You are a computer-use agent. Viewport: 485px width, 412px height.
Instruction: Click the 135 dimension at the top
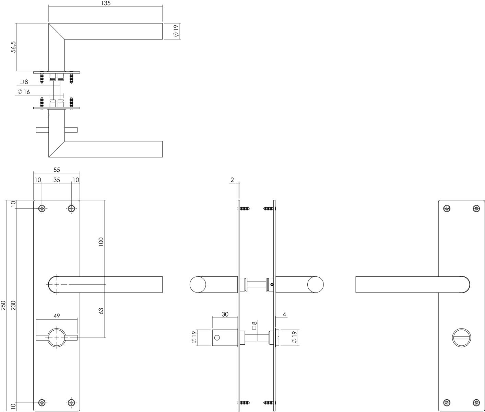pos(106,3)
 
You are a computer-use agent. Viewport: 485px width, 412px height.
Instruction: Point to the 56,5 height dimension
pos(13,47)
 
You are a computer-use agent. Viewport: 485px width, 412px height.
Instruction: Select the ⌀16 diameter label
pos(24,92)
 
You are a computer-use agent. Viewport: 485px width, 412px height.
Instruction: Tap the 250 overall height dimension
pos(3,305)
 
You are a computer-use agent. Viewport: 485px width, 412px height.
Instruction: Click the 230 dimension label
pos(13,305)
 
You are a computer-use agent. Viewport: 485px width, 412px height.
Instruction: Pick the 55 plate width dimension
pos(57,170)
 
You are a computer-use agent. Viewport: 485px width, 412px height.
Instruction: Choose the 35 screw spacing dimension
pos(57,180)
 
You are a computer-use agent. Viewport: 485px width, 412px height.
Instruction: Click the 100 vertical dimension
pos(101,242)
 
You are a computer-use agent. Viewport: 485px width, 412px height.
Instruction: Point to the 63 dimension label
pos(101,311)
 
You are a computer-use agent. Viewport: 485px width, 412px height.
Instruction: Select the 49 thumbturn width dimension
pos(57,316)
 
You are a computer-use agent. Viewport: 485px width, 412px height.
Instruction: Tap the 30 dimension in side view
pos(225,314)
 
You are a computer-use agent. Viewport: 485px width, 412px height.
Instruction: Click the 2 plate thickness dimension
pos(232,180)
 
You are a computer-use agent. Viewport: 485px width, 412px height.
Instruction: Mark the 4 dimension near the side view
pos(284,314)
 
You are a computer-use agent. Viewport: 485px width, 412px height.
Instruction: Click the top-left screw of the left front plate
pos(42,208)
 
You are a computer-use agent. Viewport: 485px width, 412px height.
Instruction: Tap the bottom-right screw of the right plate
pos(476,403)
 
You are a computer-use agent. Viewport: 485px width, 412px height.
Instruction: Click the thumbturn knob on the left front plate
pos(57,337)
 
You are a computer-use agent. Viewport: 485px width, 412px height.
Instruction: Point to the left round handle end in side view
pos(198,285)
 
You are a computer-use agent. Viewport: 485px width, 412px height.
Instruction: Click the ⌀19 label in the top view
pos(176,31)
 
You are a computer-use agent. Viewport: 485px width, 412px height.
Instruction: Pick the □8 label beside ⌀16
pos(24,82)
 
